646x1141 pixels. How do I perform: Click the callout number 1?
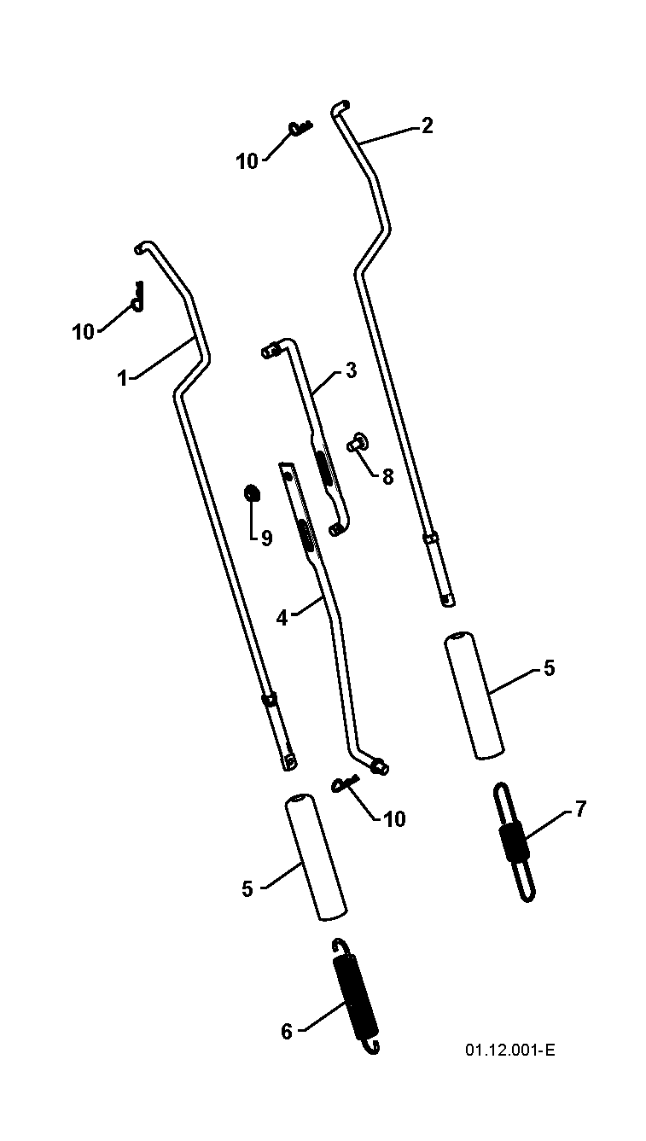click(x=122, y=378)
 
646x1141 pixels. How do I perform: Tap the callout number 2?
click(x=427, y=125)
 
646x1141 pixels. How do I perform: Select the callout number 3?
click(x=351, y=371)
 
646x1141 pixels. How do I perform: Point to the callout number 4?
click(x=282, y=619)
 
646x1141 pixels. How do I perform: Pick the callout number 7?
click(x=581, y=809)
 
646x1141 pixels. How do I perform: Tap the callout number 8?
click(x=387, y=477)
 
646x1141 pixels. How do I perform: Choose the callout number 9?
click(x=266, y=538)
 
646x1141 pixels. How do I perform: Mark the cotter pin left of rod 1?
click(x=137, y=296)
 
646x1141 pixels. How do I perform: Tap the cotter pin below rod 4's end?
click(x=345, y=783)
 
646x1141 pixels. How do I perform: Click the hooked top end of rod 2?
click(x=340, y=108)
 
